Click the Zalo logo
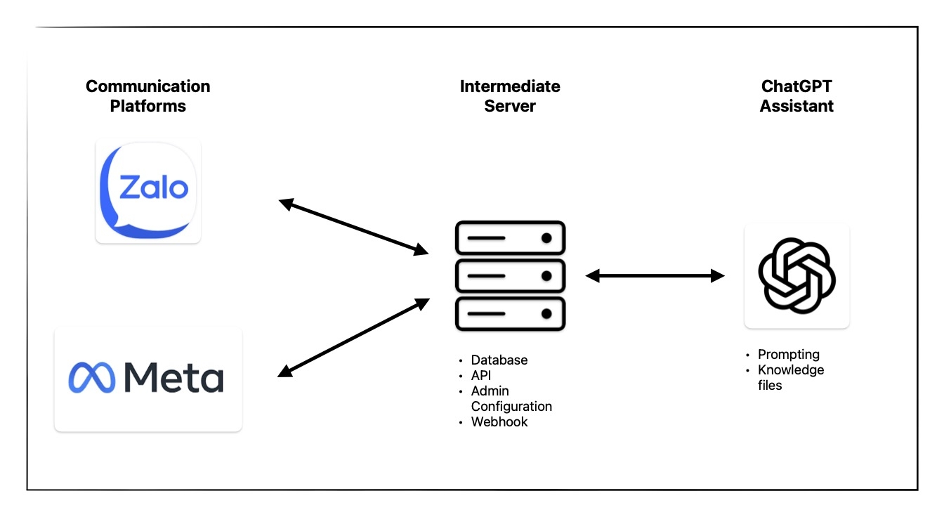click(x=148, y=191)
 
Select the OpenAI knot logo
click(x=796, y=275)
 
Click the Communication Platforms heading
click(x=148, y=96)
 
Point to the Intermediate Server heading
click(x=510, y=96)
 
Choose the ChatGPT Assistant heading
click(x=796, y=96)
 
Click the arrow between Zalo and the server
click(x=353, y=227)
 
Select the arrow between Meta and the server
click(x=353, y=337)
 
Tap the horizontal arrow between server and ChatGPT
click(x=655, y=276)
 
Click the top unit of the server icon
click(x=510, y=238)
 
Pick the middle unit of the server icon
click(x=510, y=276)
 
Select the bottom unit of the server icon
click(x=510, y=314)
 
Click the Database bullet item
click(x=499, y=360)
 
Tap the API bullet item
click(x=481, y=375)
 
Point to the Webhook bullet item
click(x=499, y=421)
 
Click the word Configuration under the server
click(x=511, y=407)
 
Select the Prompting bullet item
click(x=789, y=355)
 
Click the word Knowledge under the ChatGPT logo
click(x=791, y=370)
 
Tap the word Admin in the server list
click(x=490, y=391)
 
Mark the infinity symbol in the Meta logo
click(x=91, y=377)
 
